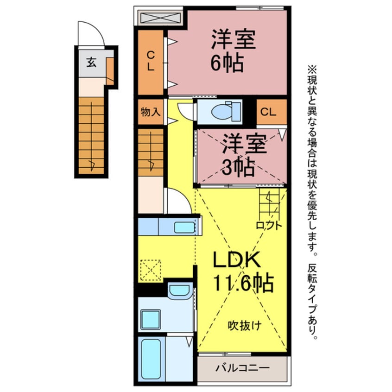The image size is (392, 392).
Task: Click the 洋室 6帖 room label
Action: point(233,51)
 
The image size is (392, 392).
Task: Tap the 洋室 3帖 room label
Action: point(244,155)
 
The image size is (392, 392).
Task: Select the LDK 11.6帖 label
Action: point(242,272)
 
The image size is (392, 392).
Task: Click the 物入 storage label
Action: point(150,112)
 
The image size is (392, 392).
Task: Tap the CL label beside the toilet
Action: point(268,112)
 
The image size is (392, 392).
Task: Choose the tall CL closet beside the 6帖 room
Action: point(151,63)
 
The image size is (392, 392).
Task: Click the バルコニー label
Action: point(242,368)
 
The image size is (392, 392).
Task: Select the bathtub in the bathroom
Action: point(151,359)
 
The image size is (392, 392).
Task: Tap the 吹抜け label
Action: point(245,326)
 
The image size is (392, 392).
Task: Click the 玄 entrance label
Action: point(91,62)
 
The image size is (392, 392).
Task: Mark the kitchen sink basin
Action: point(184,228)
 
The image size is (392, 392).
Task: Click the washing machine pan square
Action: point(151,320)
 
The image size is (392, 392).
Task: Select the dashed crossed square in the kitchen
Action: point(151,270)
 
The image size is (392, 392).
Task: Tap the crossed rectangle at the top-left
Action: point(160,18)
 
